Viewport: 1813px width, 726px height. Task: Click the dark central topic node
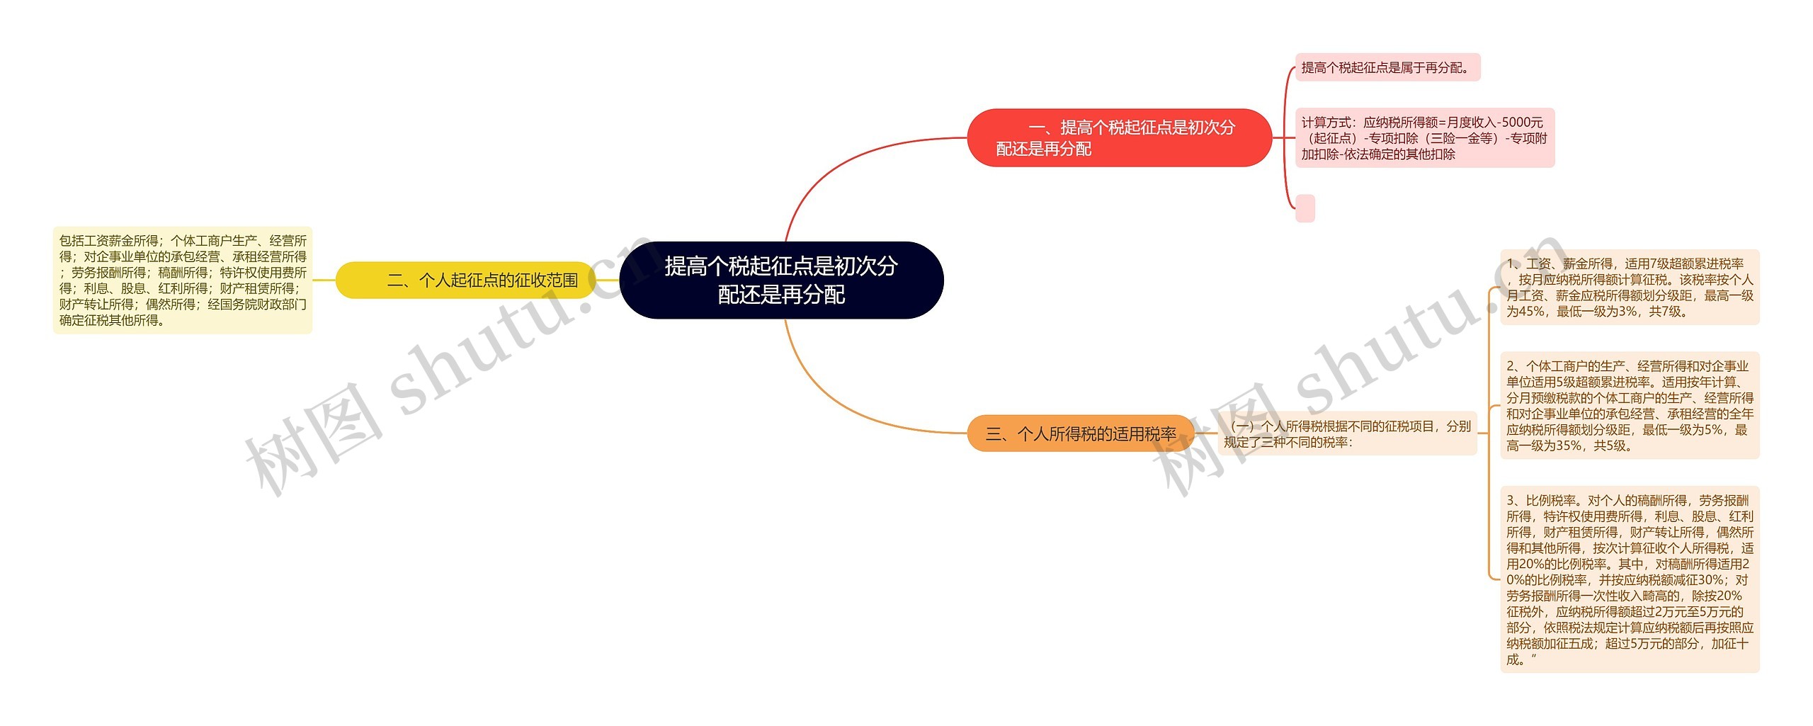(x=781, y=280)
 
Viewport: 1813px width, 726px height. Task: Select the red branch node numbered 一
(x=1119, y=137)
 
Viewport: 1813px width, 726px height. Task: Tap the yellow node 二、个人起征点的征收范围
(x=465, y=280)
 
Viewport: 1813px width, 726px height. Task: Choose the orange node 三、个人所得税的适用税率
(x=1080, y=433)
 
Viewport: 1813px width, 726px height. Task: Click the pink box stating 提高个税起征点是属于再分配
(x=1387, y=67)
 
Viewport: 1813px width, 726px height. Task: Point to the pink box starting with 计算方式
(x=1424, y=137)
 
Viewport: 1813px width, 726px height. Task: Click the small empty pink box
(x=1305, y=208)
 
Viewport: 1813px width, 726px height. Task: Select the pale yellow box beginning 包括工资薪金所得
(x=183, y=280)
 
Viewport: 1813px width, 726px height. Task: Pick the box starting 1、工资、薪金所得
(x=1629, y=287)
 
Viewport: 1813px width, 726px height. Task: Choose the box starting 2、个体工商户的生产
(x=1629, y=405)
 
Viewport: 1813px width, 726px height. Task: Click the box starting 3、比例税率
(x=1629, y=579)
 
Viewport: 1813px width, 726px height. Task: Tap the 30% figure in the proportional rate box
(x=1709, y=579)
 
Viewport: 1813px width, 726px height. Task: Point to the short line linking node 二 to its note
(x=324, y=280)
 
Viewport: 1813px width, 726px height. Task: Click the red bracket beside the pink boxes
(x=1285, y=137)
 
